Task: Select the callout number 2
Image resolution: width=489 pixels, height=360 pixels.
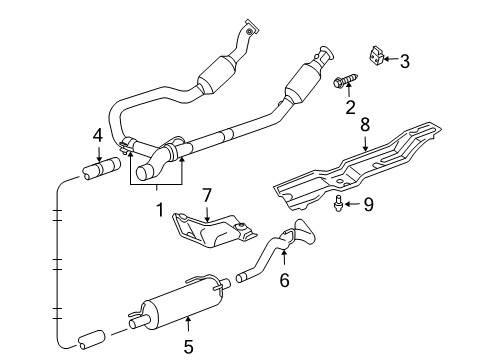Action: click(351, 107)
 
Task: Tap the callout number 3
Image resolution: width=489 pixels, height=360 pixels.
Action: click(404, 62)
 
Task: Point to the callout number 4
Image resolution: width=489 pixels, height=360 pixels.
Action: click(97, 135)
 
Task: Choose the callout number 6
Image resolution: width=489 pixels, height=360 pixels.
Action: click(284, 282)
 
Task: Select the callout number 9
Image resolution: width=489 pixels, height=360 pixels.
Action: click(368, 204)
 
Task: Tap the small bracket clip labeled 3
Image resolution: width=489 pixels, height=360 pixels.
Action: click(376, 58)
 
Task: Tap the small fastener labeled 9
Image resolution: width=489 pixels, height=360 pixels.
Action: click(341, 204)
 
